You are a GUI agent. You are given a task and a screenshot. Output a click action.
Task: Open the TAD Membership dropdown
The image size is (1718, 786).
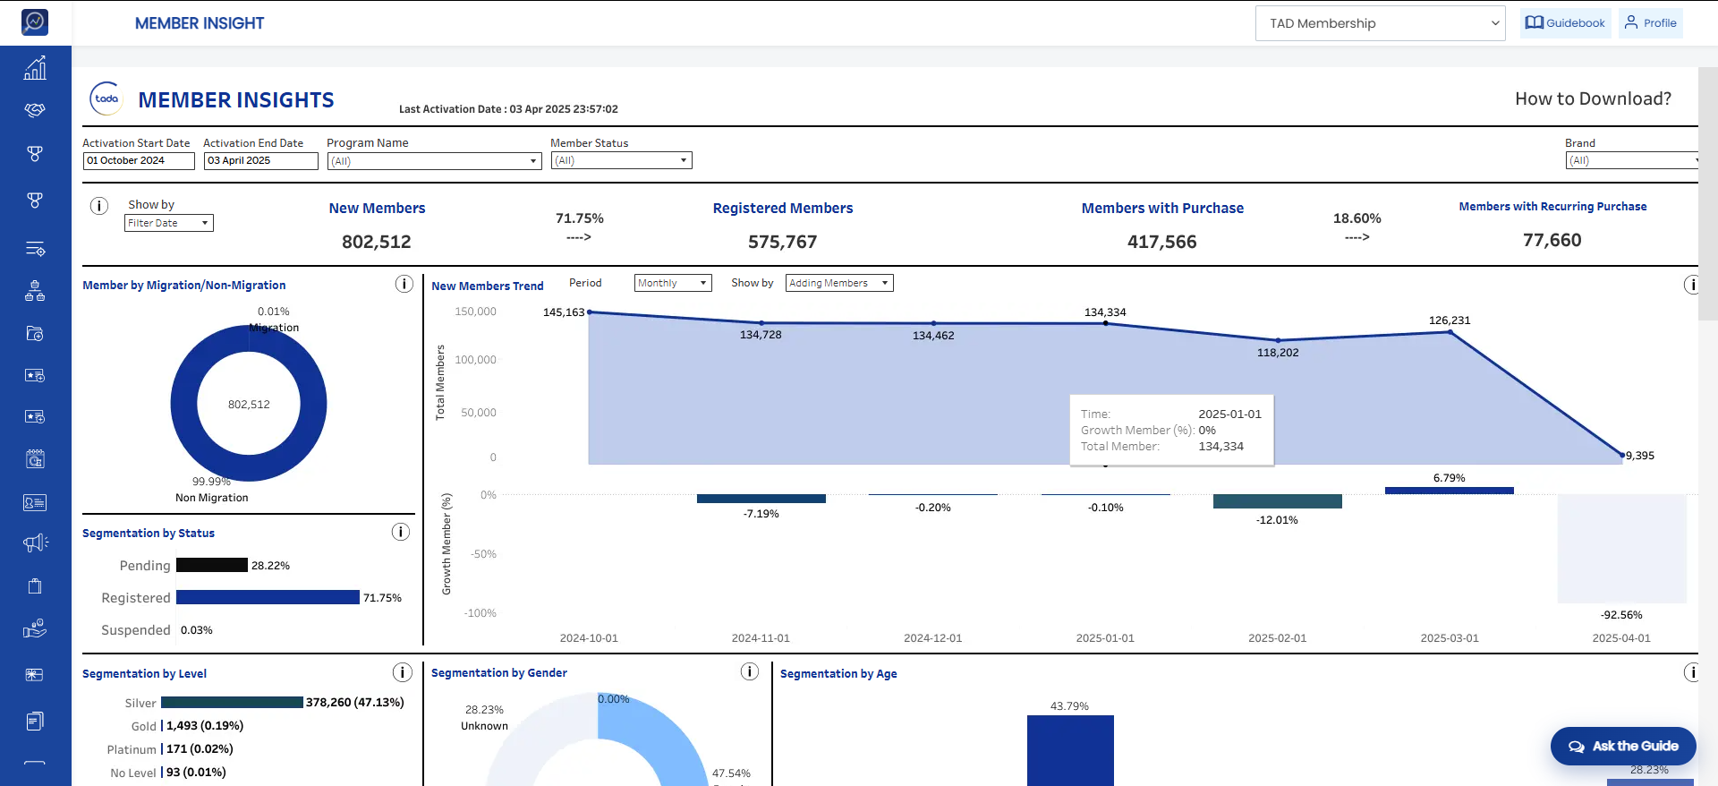pyautogui.click(x=1381, y=23)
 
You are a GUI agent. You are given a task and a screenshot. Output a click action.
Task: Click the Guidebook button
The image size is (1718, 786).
pyautogui.click(x=1566, y=23)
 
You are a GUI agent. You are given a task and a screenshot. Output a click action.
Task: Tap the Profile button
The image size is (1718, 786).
pyautogui.click(x=1651, y=23)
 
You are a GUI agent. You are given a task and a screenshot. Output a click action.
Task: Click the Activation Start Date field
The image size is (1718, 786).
pyautogui.click(x=139, y=161)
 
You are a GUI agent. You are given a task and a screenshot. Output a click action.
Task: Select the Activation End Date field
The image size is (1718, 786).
pyautogui.click(x=261, y=161)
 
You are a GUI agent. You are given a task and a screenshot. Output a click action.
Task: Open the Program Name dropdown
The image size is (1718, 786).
pyautogui.click(x=434, y=161)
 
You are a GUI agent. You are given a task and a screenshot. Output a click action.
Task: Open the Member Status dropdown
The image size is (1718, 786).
pyautogui.click(x=622, y=161)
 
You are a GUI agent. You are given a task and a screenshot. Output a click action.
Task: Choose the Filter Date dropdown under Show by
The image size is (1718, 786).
pyautogui.click(x=169, y=223)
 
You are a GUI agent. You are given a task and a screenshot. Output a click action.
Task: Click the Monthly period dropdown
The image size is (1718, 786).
pyautogui.click(x=673, y=283)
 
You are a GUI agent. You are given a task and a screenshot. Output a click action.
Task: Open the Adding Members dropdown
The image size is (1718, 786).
pyautogui.click(x=839, y=283)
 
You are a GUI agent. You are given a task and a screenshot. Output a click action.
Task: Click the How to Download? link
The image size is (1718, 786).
pyautogui.click(x=1593, y=98)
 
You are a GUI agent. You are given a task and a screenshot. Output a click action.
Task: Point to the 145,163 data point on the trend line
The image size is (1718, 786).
pyautogui.click(x=590, y=312)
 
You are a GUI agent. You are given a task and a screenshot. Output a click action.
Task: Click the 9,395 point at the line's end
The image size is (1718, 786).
pyautogui.click(x=1622, y=455)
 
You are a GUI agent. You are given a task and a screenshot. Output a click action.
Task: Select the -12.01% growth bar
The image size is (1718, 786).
pyautogui.click(x=1278, y=501)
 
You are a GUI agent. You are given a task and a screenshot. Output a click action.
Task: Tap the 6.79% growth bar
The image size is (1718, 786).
pyautogui.click(x=1450, y=491)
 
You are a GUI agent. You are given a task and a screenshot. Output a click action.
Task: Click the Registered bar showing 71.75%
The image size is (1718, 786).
pyautogui.click(x=268, y=597)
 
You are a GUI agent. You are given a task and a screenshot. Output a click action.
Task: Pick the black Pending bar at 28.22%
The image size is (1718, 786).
pyautogui.click(x=212, y=565)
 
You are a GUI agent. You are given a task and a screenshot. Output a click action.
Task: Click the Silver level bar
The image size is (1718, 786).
pyautogui.click(x=233, y=703)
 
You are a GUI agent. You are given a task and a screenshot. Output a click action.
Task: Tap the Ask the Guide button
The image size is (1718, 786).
pyautogui.click(x=1623, y=746)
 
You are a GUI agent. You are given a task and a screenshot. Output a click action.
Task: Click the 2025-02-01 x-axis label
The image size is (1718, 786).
pyautogui.click(x=1278, y=638)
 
